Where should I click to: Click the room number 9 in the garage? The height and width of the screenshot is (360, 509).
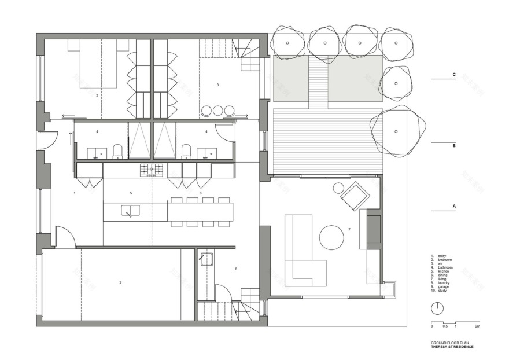(x=120, y=282)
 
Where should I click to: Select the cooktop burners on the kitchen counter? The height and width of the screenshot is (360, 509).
(x=151, y=170)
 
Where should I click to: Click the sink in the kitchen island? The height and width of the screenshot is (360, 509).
(x=130, y=211)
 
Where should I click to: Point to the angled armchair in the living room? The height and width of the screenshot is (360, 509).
(x=355, y=196)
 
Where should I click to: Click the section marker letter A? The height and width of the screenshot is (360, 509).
(x=454, y=206)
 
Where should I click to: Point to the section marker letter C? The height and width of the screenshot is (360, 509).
(x=454, y=75)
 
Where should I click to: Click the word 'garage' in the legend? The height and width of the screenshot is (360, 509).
(x=444, y=287)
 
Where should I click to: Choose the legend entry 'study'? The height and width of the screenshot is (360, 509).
(x=443, y=291)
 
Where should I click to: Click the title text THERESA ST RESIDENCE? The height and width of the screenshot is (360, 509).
(x=452, y=347)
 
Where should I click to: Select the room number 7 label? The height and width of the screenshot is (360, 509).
(x=349, y=230)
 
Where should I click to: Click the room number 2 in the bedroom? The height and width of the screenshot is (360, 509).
(x=97, y=95)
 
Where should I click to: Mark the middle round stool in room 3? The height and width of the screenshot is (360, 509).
(x=218, y=110)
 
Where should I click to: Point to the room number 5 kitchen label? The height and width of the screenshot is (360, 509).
(x=131, y=193)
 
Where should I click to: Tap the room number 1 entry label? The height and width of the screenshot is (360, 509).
(x=75, y=192)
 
